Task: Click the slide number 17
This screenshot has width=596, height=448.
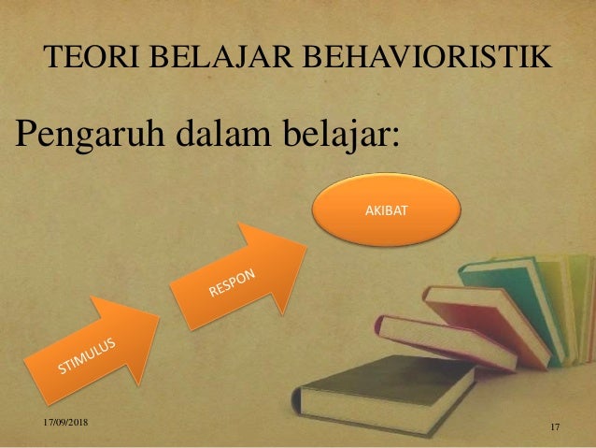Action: [555, 427]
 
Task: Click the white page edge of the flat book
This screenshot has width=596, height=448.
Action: [411, 412]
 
